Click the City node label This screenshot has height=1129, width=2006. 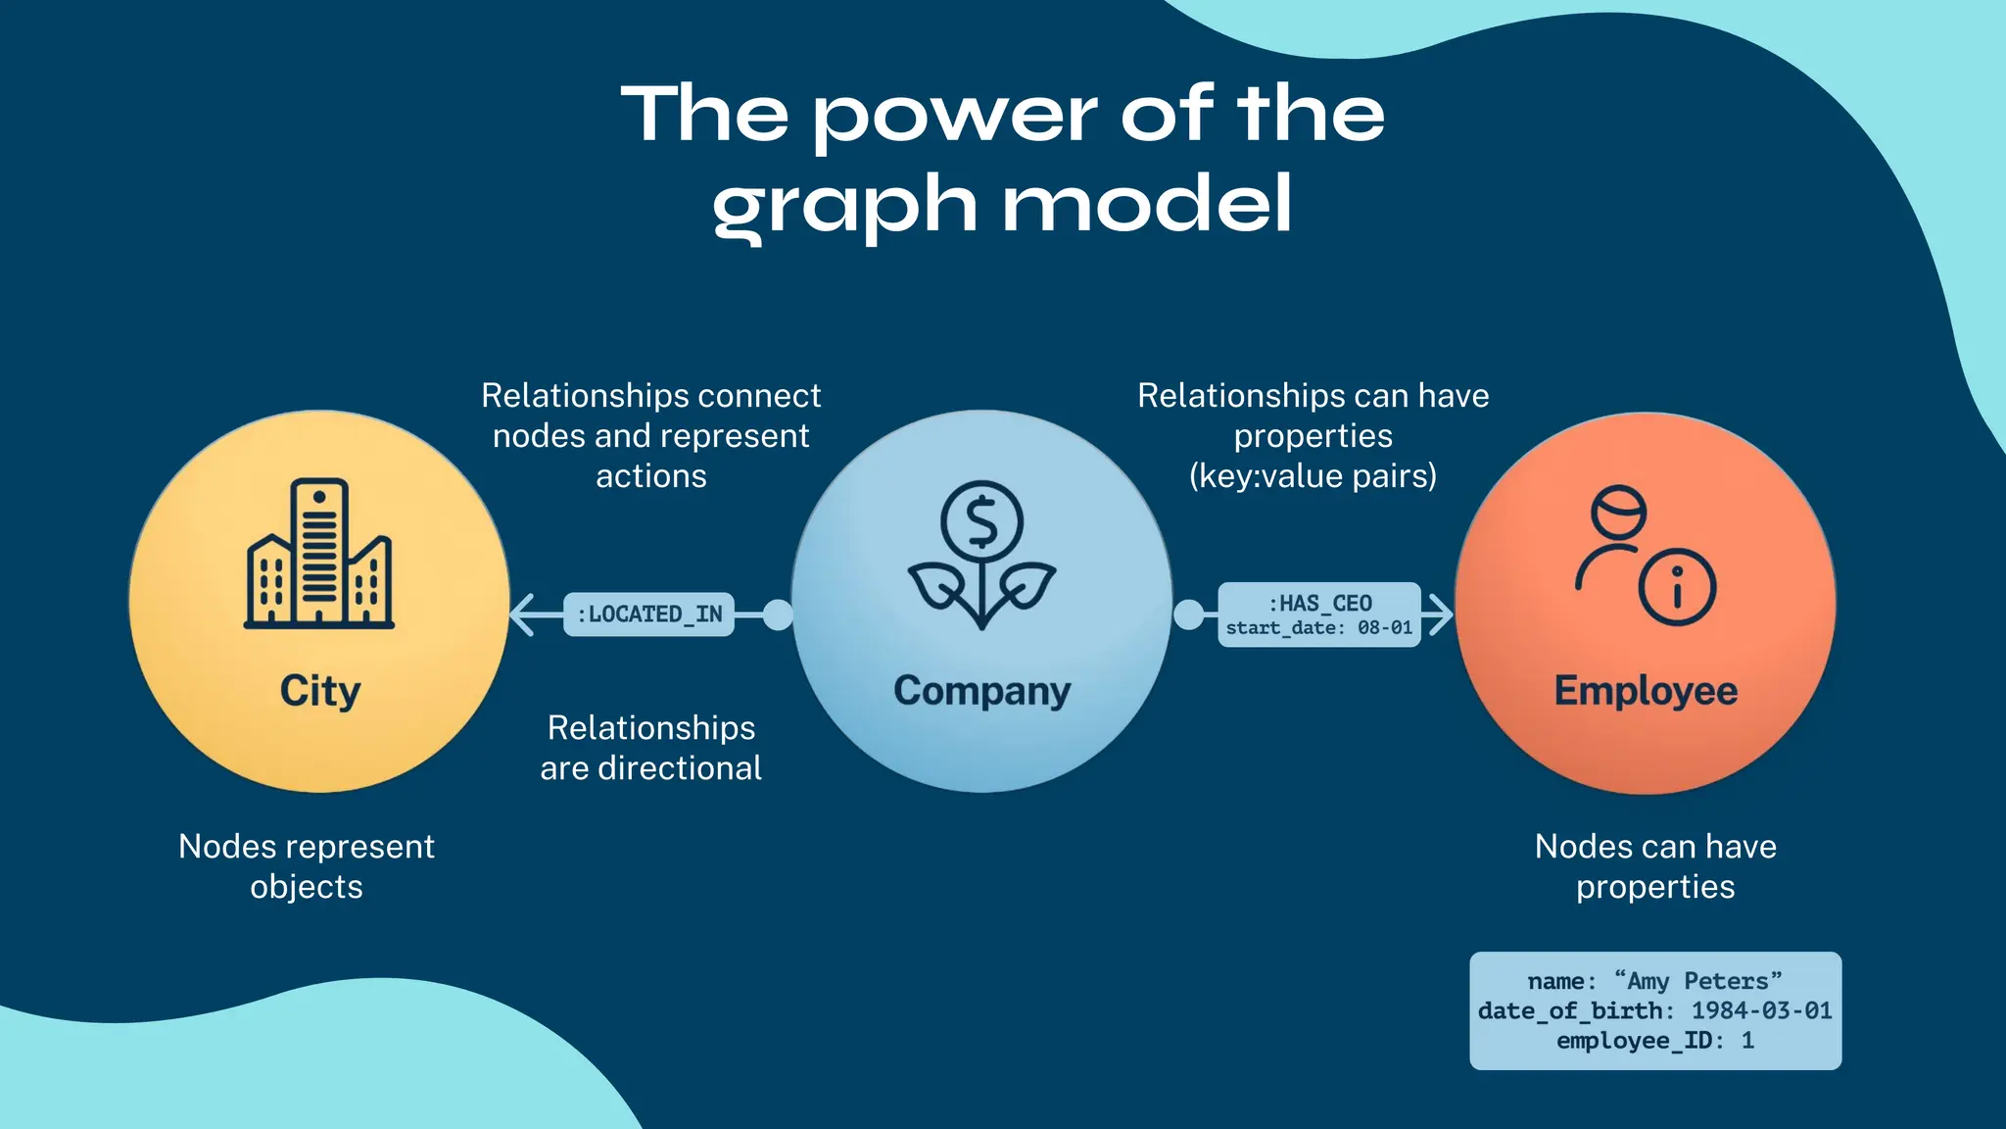[x=319, y=691]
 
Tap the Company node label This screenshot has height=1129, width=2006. [x=981, y=691]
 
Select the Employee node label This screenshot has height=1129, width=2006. [x=1646, y=691]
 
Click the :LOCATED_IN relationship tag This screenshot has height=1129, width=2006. [x=649, y=614]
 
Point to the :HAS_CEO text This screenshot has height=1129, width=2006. [x=1319, y=603]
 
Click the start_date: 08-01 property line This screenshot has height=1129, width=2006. [x=1319, y=628]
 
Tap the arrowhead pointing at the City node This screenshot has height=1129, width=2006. [x=523, y=614]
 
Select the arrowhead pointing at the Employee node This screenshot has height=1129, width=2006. [x=1439, y=614]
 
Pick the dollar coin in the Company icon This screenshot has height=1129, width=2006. [x=981, y=521]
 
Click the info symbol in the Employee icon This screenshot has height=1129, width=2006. [x=1677, y=586]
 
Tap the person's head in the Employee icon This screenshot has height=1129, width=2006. [x=1618, y=512]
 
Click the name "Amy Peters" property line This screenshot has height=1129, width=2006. [x=1654, y=981]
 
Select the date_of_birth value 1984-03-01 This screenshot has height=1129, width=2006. [x=1761, y=1010]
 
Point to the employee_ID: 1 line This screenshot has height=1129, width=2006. [x=1654, y=1040]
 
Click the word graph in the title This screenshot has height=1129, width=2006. [x=844, y=206]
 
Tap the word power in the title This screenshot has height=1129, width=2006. [x=955, y=116]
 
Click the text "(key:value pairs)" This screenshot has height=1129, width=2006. [x=1313, y=476]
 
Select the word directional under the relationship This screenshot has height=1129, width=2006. [x=680, y=768]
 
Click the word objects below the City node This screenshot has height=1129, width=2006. [x=307, y=887]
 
